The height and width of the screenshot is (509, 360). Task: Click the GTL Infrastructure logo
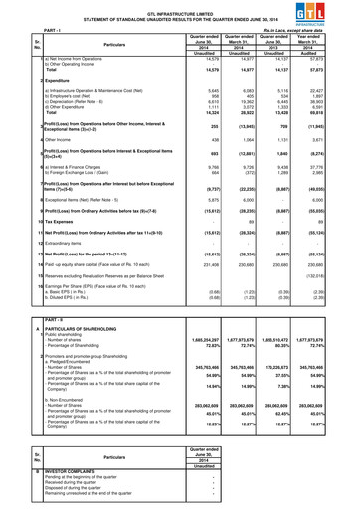click(334, 12)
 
